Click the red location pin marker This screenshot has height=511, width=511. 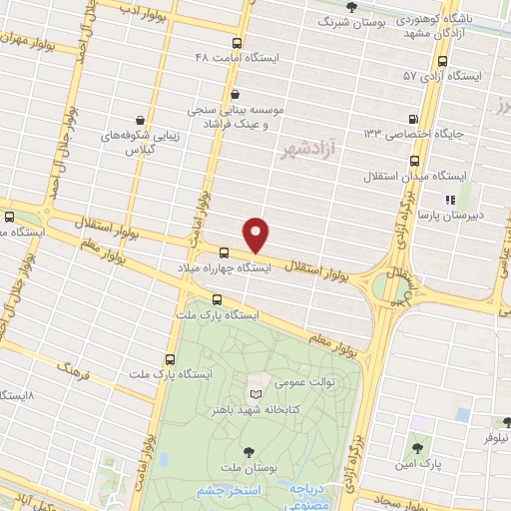coord(257,235)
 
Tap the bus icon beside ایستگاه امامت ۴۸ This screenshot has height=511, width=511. coord(237,43)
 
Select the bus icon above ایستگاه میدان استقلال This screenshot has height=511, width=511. coord(415,160)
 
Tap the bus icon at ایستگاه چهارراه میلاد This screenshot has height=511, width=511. coord(225,254)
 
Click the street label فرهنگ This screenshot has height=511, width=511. coord(74,369)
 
